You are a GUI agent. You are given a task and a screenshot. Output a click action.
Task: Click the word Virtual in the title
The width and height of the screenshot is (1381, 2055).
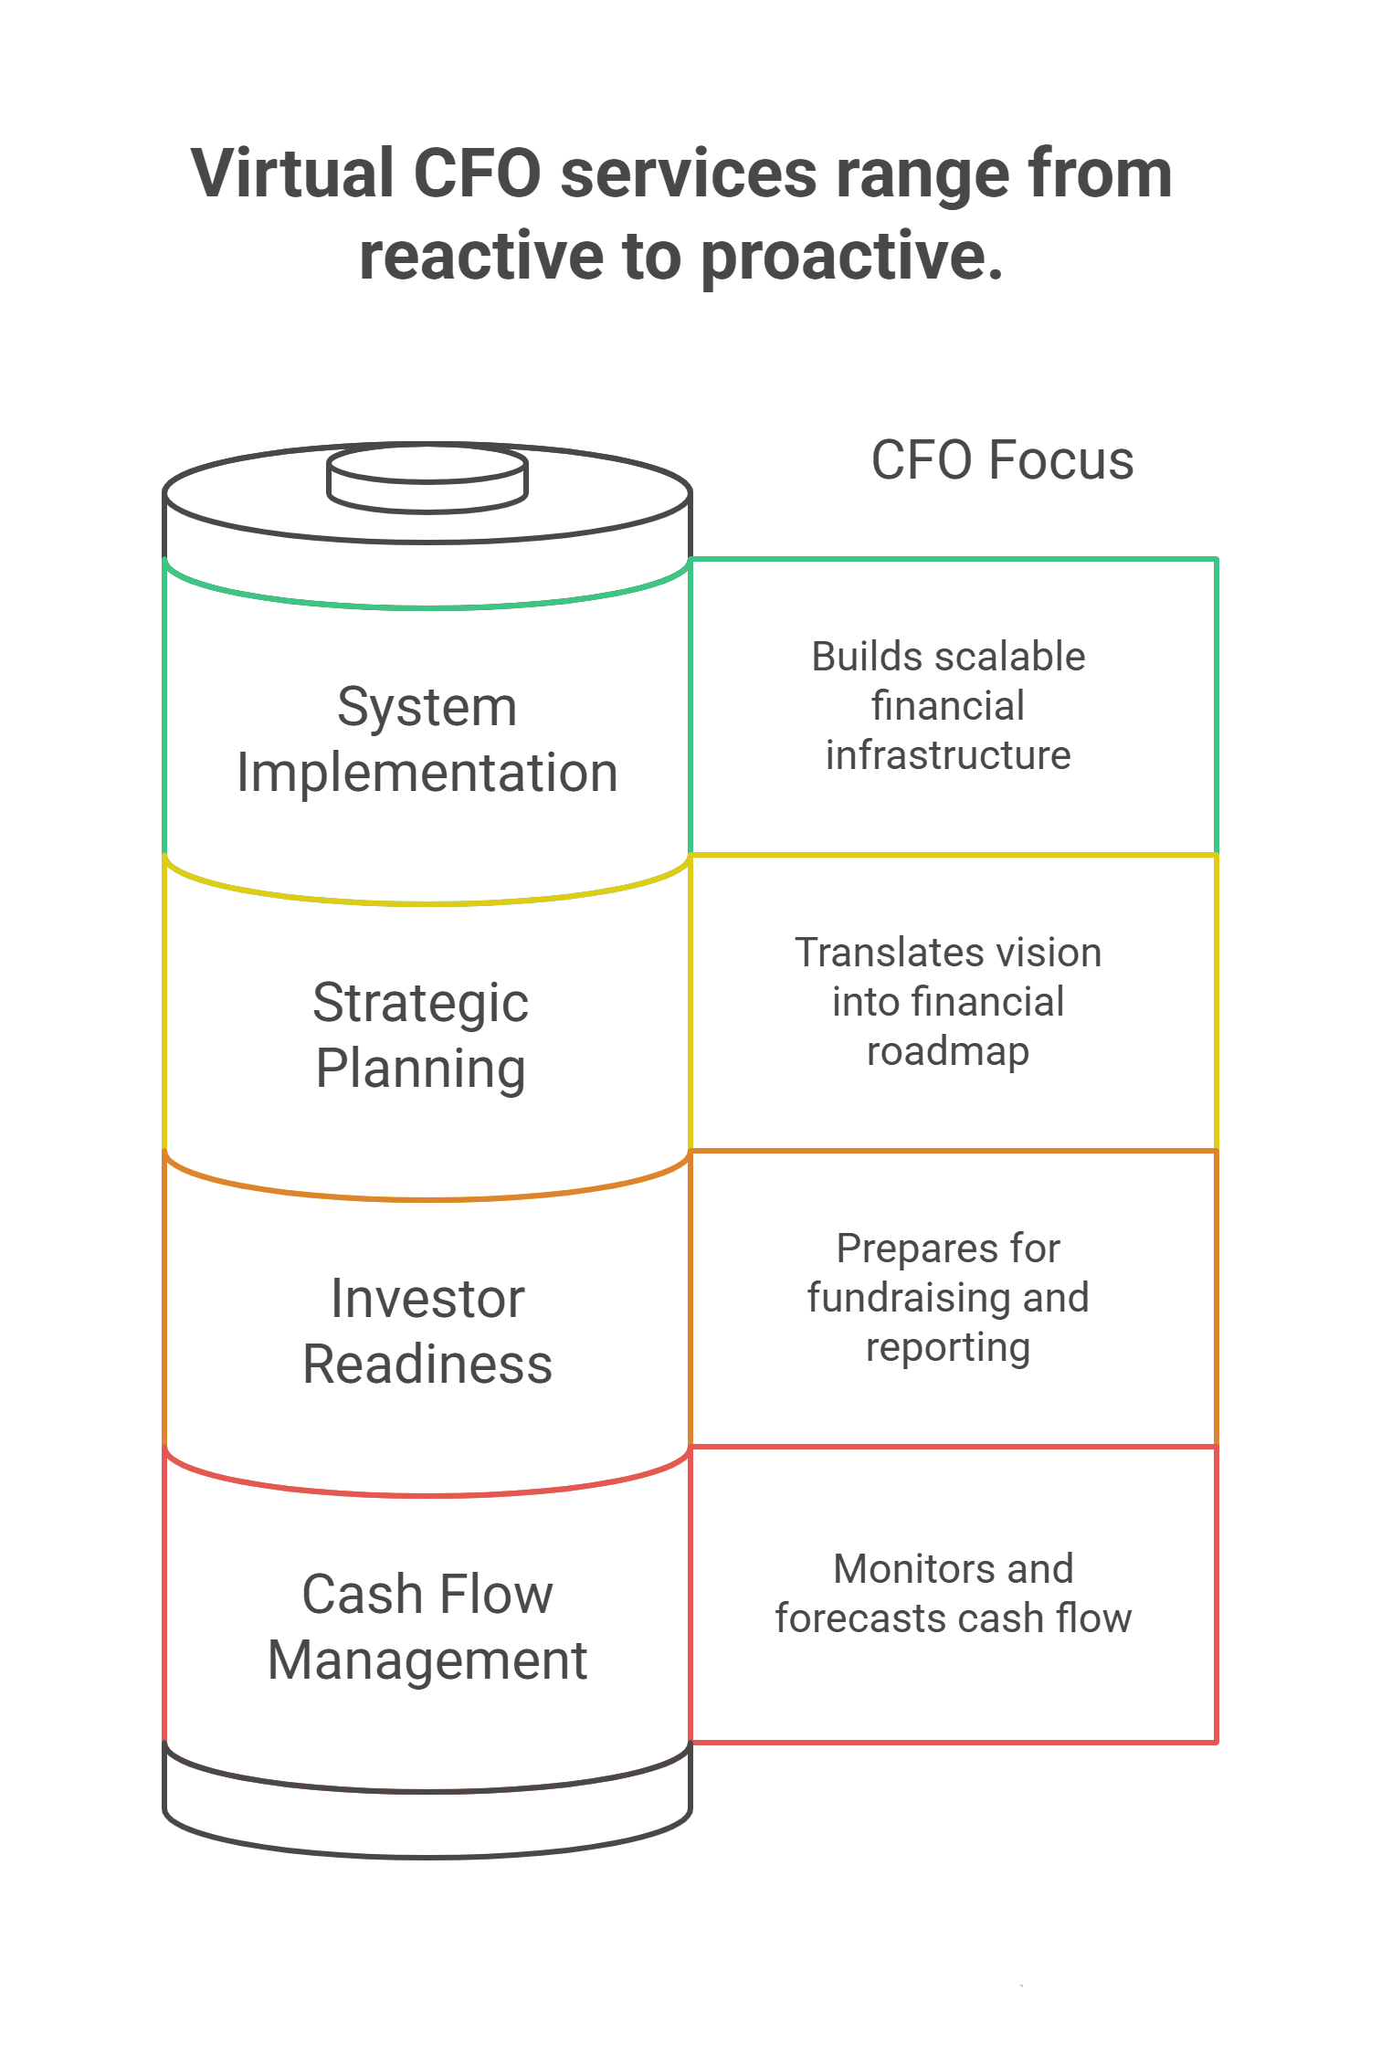click(292, 173)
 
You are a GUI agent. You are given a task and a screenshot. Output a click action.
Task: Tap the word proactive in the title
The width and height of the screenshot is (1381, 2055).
click(852, 257)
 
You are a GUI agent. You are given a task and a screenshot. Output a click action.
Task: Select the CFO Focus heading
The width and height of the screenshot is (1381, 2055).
click(1002, 459)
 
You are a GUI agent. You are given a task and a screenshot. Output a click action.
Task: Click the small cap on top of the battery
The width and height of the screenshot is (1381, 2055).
click(427, 478)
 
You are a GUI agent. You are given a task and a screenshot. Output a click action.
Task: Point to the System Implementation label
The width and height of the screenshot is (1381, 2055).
click(427, 740)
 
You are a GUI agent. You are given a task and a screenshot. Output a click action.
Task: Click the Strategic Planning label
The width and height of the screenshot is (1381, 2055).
click(421, 1036)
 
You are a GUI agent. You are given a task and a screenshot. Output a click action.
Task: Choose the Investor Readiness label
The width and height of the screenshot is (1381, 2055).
click(427, 1331)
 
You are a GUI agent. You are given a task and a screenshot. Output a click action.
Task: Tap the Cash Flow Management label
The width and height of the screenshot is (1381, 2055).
click(427, 1627)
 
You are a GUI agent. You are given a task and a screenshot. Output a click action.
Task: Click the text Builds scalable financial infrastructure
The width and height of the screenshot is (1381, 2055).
click(948, 706)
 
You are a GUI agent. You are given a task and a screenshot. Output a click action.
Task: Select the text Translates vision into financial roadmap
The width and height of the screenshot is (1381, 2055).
click(948, 1002)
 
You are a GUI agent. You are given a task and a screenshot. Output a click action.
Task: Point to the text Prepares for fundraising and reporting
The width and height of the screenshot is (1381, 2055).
click(948, 1298)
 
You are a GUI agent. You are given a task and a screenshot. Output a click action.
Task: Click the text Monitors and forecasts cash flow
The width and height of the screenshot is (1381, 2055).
click(954, 1594)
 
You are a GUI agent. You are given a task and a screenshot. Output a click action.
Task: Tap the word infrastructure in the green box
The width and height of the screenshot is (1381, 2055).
click(948, 755)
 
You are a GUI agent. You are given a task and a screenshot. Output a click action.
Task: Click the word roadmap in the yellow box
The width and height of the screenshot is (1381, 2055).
click(948, 1052)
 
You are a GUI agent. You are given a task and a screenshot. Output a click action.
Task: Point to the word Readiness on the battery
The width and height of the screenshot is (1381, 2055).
click(427, 1365)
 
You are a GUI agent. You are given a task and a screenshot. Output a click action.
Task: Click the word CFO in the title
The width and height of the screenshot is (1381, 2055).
click(478, 173)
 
